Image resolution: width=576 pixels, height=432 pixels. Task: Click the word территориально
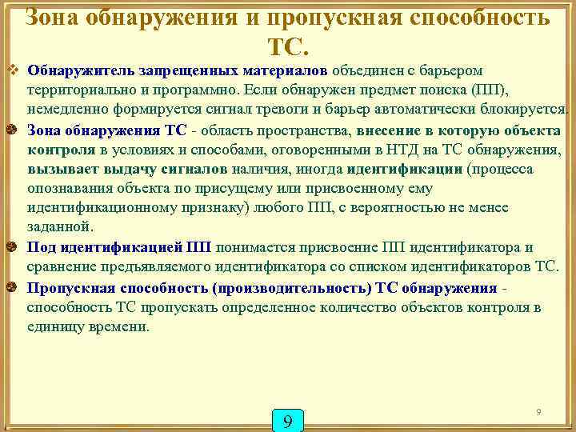(75, 90)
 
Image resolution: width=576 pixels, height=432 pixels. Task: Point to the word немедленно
(66, 110)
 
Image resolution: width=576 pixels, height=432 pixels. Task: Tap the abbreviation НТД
(364, 150)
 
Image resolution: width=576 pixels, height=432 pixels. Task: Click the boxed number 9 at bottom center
(288, 420)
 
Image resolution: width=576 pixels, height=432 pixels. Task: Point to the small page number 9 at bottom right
(538, 411)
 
